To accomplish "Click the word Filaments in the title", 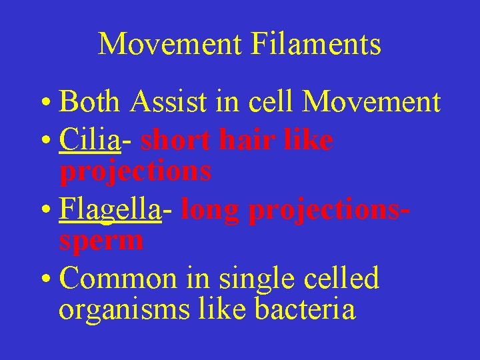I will click(x=316, y=45).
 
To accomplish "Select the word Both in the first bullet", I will click(x=89, y=102).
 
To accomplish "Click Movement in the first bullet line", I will click(x=371, y=102).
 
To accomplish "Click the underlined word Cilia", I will click(x=89, y=139).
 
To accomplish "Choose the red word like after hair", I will click(x=307, y=139).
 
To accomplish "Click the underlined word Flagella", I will click(x=110, y=210).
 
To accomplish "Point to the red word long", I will click(x=210, y=210).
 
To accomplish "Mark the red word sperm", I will click(x=101, y=241).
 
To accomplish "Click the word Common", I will click(x=118, y=278).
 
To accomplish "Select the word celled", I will click(x=342, y=278).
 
